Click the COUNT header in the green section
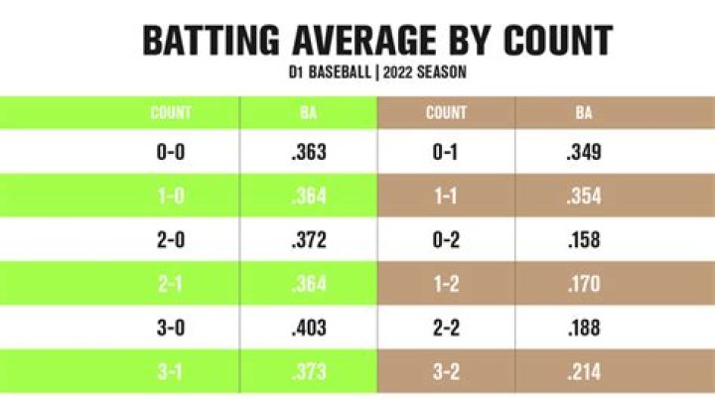[170, 112]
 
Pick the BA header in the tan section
[584, 112]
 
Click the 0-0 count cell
[170, 153]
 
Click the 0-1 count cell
[446, 153]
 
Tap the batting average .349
[584, 153]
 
